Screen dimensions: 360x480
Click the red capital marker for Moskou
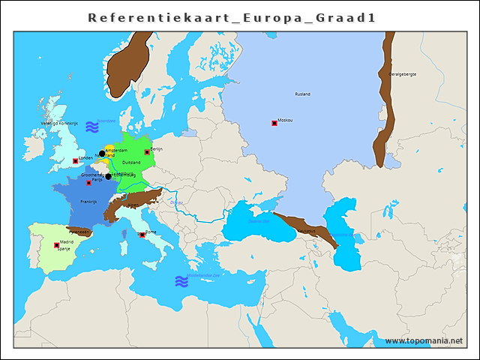(x=274, y=123)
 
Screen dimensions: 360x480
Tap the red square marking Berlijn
(x=147, y=152)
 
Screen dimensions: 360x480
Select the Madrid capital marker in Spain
(x=57, y=245)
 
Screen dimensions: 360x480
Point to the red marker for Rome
(x=142, y=235)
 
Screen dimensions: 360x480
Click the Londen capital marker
(x=75, y=161)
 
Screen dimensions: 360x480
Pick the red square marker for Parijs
(x=89, y=182)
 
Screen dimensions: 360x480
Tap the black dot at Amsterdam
(x=102, y=154)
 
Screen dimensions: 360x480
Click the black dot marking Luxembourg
(x=108, y=176)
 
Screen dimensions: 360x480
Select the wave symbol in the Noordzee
(x=91, y=125)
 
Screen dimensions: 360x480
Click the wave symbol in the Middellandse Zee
(x=181, y=281)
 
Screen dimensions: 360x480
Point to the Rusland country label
(x=302, y=94)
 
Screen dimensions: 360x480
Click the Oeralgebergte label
(x=402, y=74)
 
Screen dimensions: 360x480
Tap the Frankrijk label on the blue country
(x=88, y=202)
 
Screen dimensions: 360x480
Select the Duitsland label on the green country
(x=131, y=163)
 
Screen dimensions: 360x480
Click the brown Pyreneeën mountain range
(x=79, y=230)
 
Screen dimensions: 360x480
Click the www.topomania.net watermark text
(x=424, y=341)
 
